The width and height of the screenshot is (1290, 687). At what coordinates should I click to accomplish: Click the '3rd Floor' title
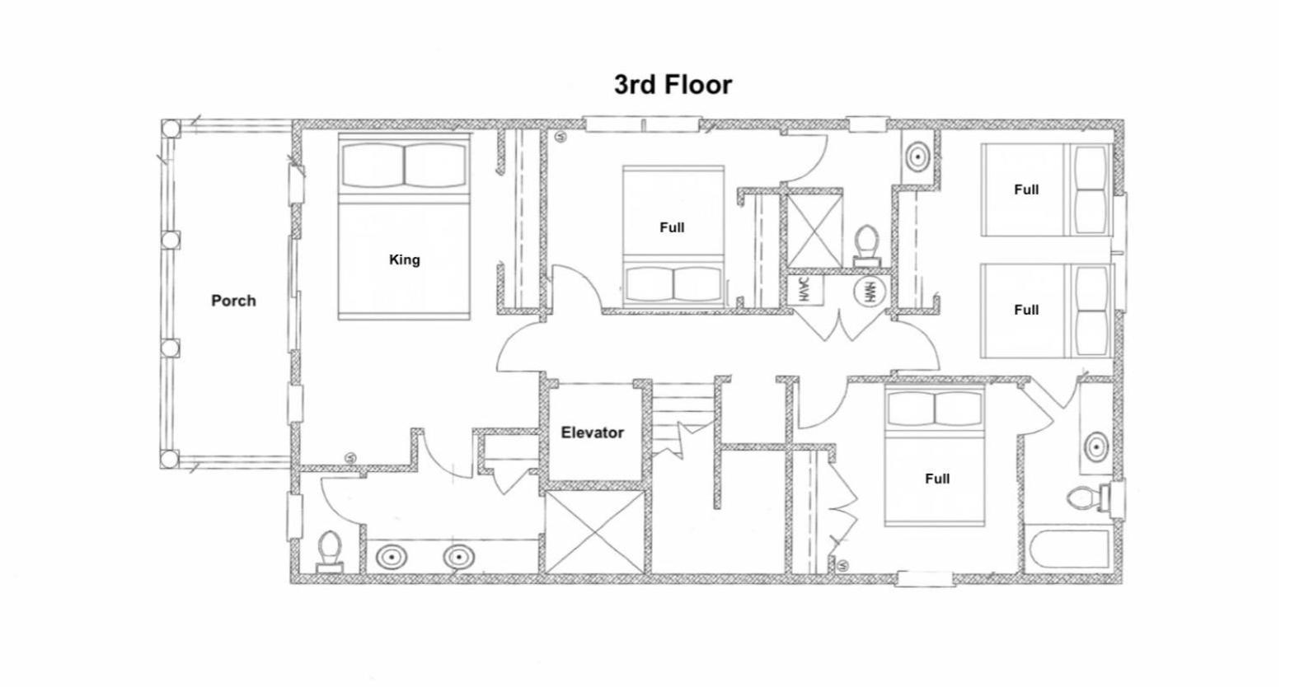click(x=673, y=85)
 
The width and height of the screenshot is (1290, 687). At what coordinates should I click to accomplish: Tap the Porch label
click(x=233, y=301)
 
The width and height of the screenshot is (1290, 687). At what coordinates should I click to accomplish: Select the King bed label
click(x=404, y=259)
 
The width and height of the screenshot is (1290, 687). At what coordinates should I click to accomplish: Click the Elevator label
click(x=592, y=432)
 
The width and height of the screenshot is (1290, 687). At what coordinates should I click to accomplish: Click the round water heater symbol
click(x=868, y=291)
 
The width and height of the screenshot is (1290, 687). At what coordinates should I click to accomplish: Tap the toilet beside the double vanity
click(x=330, y=551)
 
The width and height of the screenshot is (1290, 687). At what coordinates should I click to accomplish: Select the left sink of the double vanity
click(x=392, y=557)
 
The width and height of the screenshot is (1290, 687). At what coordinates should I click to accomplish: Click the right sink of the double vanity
click(x=459, y=557)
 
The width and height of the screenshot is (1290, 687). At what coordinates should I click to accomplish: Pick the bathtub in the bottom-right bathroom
click(x=1068, y=549)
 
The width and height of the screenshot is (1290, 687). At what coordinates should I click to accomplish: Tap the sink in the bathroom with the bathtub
click(x=1096, y=446)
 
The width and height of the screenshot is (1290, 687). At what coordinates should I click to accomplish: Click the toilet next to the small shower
click(x=866, y=246)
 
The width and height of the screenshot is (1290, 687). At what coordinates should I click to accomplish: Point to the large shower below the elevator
click(x=594, y=532)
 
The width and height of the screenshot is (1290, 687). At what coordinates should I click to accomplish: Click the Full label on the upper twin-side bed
click(x=1026, y=189)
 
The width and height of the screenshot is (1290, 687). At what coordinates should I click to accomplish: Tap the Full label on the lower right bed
click(x=1026, y=310)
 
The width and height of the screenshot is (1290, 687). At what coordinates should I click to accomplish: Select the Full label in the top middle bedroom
click(x=672, y=227)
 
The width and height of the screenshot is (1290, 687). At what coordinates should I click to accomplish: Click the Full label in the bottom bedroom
click(x=937, y=479)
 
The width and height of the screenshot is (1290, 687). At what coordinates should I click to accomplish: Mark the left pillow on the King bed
click(x=373, y=165)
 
